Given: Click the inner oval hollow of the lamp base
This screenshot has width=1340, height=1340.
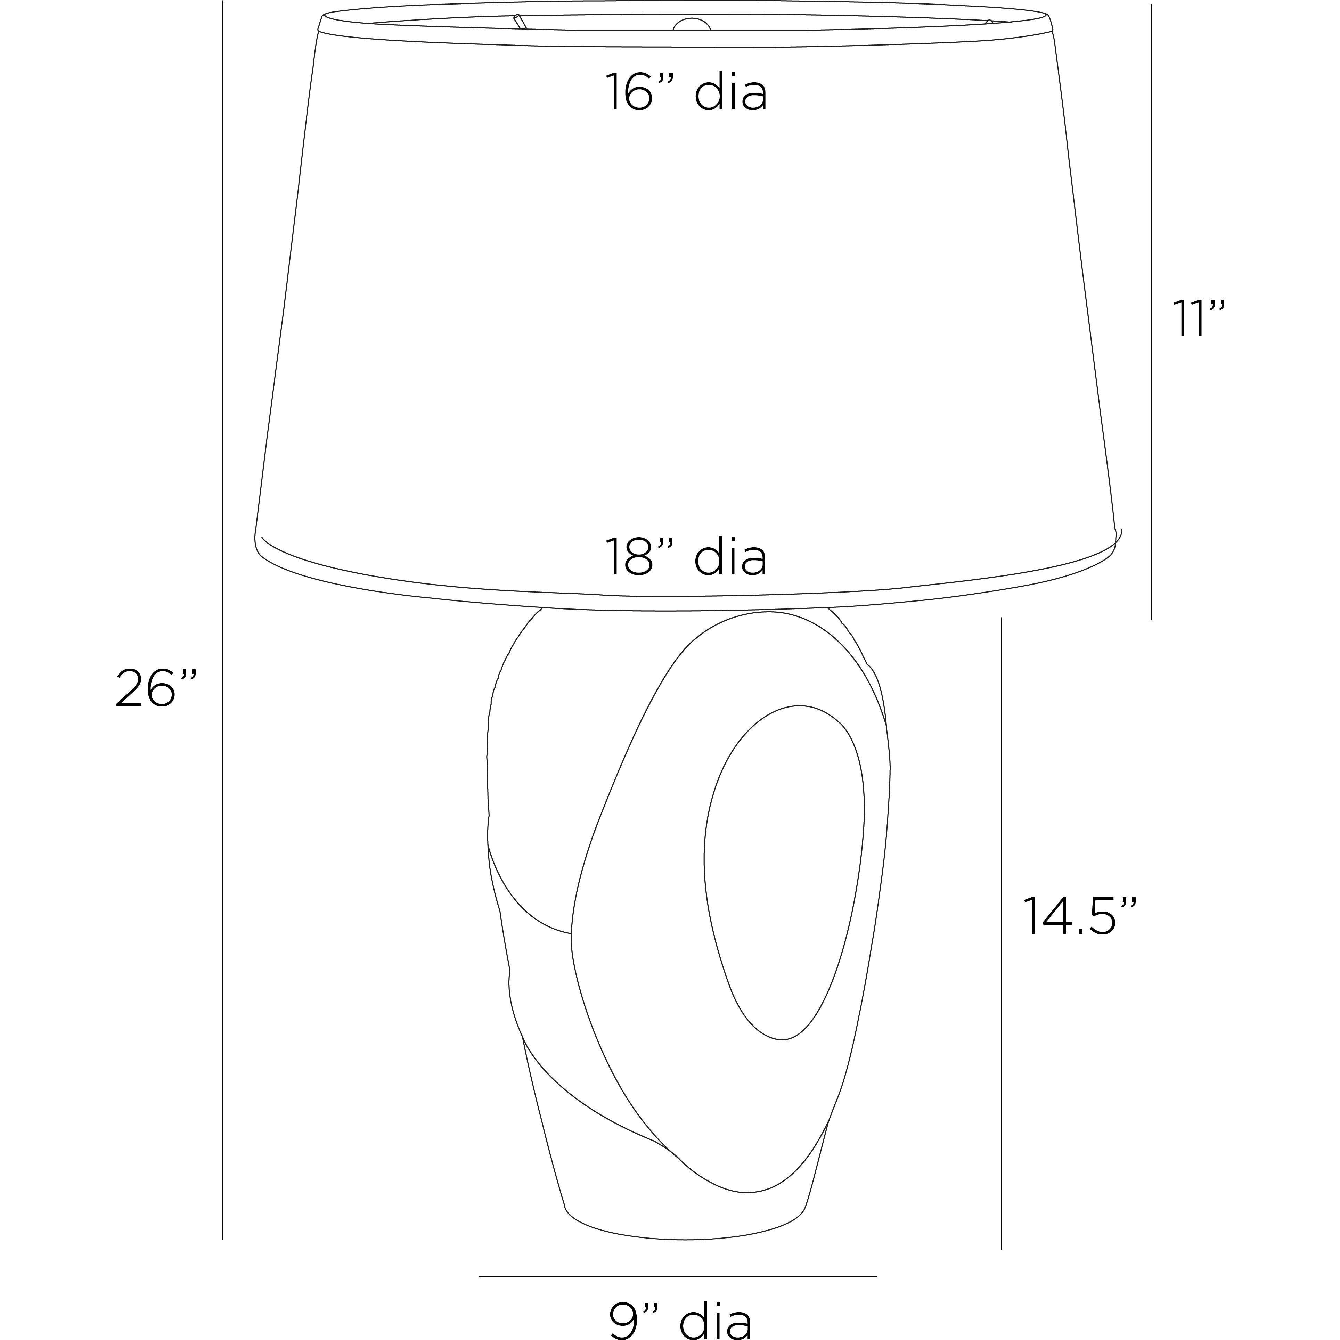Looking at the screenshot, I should pyautogui.click(x=784, y=881).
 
